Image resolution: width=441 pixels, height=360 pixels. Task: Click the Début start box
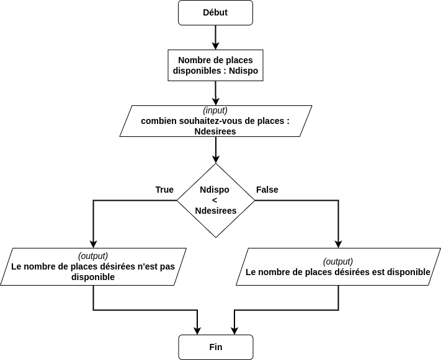[x=215, y=13]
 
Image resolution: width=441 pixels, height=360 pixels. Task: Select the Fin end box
[x=215, y=347]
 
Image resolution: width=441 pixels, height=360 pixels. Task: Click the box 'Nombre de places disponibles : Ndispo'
[x=215, y=66]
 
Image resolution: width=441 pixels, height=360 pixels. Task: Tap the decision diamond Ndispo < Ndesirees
[x=215, y=200]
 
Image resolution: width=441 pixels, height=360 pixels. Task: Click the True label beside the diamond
[x=164, y=190]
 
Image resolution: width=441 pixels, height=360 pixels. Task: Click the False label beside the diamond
[x=267, y=190]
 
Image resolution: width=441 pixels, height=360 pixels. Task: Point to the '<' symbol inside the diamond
[x=215, y=200]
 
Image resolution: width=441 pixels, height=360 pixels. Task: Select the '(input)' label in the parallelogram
[x=215, y=110]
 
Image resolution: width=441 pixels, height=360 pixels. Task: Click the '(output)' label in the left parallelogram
[x=93, y=256]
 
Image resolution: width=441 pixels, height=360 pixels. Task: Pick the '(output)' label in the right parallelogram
[x=338, y=261]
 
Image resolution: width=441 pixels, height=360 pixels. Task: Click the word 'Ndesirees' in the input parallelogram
[x=215, y=131]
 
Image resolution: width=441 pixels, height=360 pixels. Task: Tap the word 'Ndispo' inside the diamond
[x=215, y=190]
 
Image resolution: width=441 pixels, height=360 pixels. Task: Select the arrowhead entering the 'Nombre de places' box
[x=215, y=46]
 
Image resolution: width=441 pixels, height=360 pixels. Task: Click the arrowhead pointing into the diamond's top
[x=215, y=159]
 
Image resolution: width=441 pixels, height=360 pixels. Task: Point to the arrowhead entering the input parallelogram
[x=215, y=102]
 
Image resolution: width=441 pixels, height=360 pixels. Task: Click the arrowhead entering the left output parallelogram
[x=93, y=244]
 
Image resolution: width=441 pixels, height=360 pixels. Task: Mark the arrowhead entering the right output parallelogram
[x=338, y=244]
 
